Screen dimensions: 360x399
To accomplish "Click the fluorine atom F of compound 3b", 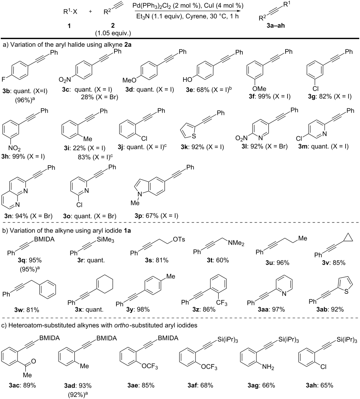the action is (3, 79).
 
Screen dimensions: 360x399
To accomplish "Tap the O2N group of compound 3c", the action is (65, 80).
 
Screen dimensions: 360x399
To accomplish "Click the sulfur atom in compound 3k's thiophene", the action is (194, 136).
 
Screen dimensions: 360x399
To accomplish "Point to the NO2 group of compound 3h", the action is (14, 148).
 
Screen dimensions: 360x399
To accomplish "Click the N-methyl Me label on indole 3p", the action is (135, 203).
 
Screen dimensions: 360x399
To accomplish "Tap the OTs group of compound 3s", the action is (179, 240).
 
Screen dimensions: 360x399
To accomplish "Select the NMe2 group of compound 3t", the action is (236, 243).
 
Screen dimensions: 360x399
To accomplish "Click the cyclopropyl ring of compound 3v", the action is (348, 238).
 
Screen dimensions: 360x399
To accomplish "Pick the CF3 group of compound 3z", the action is (222, 303).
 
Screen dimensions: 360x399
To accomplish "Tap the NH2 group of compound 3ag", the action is (268, 367).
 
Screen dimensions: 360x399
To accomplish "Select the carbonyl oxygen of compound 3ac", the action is (34, 361).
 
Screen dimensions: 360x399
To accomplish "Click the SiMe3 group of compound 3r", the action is (106, 240).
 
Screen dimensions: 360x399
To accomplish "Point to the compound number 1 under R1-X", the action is (69, 26).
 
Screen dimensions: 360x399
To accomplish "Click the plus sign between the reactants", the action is (90, 11).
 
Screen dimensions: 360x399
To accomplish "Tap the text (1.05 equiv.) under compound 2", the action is (113, 33).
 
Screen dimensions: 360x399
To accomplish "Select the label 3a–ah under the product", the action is (276, 25).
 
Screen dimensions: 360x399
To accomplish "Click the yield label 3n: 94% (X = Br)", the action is (28, 216).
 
